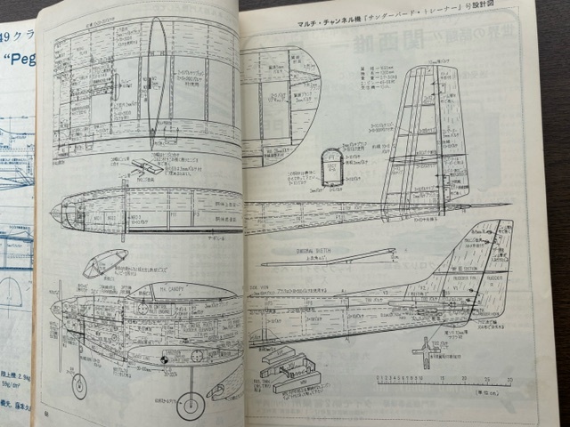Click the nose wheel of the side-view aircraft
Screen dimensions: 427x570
click(x=79, y=385)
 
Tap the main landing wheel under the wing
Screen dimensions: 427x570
click(x=191, y=405)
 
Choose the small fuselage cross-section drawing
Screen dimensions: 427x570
click(x=331, y=166)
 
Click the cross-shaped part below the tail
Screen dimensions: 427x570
click(x=425, y=353)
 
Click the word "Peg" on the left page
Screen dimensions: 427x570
click(x=16, y=63)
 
